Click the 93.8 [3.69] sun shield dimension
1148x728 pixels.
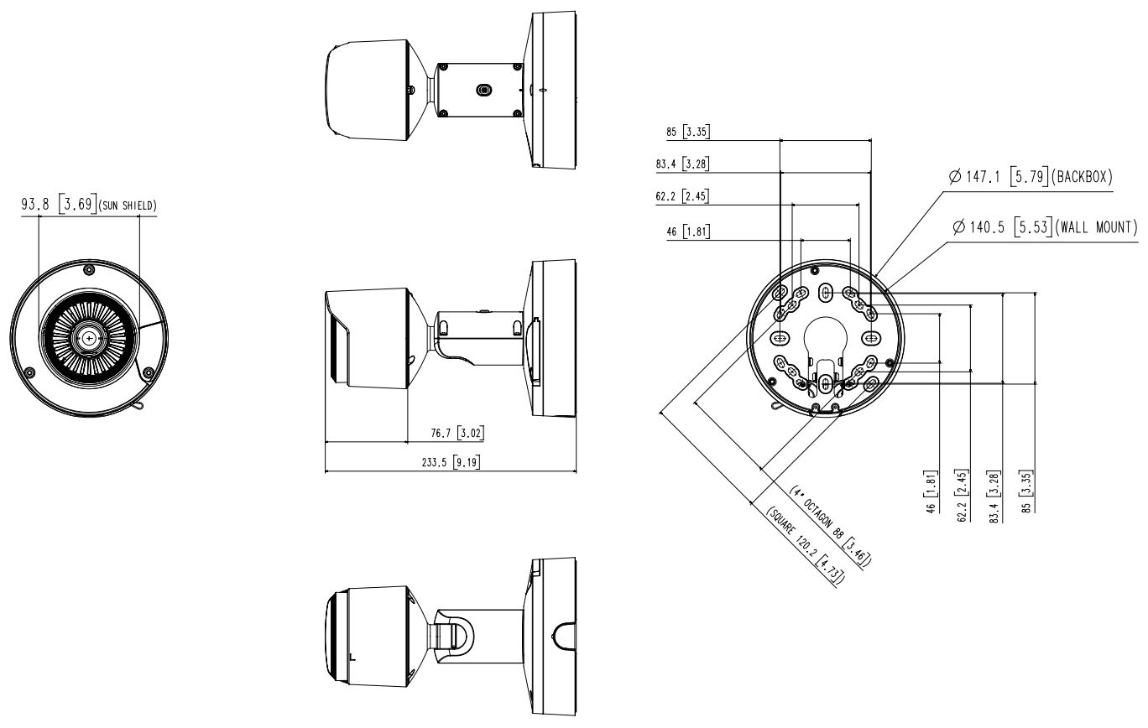coord(90,205)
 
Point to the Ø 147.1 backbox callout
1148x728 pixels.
coord(1031,178)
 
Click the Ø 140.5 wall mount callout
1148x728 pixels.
coord(1044,227)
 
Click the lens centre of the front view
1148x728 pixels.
coord(89,337)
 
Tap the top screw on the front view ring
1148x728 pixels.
coord(89,269)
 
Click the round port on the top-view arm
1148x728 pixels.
coord(483,89)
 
